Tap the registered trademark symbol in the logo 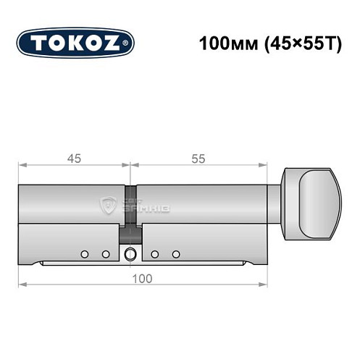pyautogui.click(x=128, y=43)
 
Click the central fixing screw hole pyautogui.click(x=130, y=254)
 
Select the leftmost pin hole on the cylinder pyautogui.click(x=85, y=254)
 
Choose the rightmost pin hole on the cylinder pyautogui.click(x=175, y=254)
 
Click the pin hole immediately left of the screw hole pyautogui.click(x=106, y=254)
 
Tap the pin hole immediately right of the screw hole pyautogui.click(x=155, y=254)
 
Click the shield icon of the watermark pyautogui.click(x=109, y=205)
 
